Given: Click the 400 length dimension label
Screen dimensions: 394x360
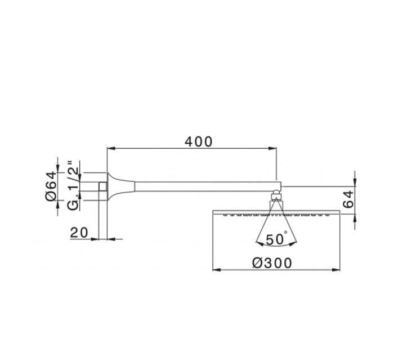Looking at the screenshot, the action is point(199,141).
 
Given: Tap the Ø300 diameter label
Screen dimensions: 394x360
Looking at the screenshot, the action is point(272,263).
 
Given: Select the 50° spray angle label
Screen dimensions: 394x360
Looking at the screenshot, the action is point(276,239).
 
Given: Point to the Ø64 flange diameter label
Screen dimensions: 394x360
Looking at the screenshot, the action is point(51,186).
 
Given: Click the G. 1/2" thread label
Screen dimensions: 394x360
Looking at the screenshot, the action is point(73,185).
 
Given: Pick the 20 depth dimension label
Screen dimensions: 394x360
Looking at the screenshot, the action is point(79,233).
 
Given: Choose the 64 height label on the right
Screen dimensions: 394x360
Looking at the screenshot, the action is point(348,199).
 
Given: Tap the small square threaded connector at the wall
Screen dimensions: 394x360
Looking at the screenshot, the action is point(103,186).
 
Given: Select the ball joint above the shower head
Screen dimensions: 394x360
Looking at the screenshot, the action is point(276,194).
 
